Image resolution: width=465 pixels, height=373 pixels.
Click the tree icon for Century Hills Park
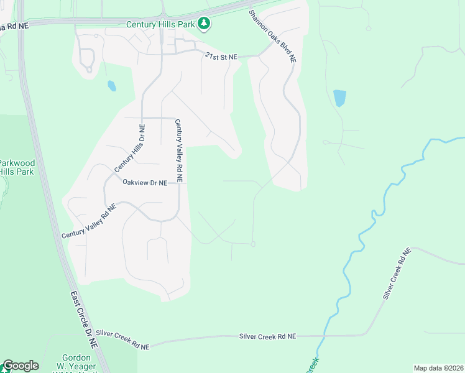pyautogui.click(x=204, y=24)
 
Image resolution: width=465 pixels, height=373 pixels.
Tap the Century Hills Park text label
pyautogui.click(x=160, y=24)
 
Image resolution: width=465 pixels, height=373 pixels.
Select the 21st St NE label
pyautogui.click(x=221, y=57)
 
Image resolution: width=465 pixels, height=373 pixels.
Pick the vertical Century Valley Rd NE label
pyautogui.click(x=178, y=150)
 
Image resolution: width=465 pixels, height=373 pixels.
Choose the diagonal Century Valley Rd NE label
pyautogui.click(x=89, y=222)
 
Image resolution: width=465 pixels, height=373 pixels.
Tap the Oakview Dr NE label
pyautogui.click(x=145, y=183)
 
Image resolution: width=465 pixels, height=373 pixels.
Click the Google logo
pyautogui.click(x=20, y=366)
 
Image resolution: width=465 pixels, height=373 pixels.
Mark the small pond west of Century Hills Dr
pyautogui.click(x=111, y=86)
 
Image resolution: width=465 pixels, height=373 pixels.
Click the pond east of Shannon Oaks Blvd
pyautogui.click(x=339, y=98)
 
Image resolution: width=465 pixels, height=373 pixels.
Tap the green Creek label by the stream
pyautogui.click(x=313, y=366)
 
